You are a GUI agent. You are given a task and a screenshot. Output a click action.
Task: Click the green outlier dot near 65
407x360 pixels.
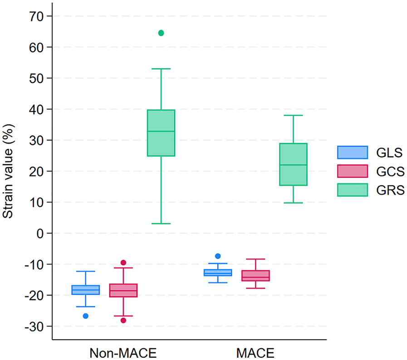(161, 33)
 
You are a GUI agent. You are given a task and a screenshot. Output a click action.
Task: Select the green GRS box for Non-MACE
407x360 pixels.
(161, 132)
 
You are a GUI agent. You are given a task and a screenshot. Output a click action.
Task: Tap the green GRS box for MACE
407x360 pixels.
(294, 164)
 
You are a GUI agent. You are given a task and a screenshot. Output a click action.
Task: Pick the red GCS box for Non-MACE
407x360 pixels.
(123, 290)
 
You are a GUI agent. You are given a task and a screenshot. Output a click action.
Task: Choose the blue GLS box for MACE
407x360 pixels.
(218, 272)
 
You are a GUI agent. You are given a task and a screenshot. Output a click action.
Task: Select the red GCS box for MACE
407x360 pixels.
(256, 276)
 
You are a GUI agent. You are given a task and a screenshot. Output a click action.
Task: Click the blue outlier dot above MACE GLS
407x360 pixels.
(218, 256)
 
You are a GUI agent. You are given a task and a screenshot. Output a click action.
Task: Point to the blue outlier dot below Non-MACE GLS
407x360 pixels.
(85, 316)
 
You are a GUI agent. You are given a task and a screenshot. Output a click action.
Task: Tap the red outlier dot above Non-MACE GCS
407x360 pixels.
(123, 263)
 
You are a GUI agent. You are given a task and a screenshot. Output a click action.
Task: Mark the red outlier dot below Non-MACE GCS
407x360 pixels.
(123, 320)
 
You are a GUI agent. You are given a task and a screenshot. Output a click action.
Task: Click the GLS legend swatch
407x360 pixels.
(352, 152)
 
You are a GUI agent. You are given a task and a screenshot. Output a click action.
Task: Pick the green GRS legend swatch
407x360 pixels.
(352, 190)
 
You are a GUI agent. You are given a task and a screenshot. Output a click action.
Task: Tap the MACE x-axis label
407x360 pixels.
(255, 352)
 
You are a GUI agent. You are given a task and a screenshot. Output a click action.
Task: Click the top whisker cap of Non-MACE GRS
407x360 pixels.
(161, 69)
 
